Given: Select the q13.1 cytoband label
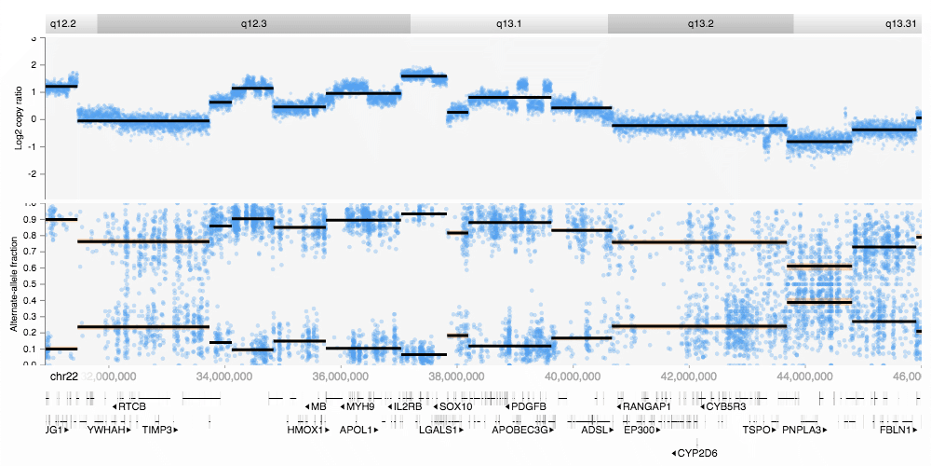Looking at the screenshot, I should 508,23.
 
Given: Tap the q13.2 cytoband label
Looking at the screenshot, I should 700,23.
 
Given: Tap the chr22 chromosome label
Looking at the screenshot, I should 62,376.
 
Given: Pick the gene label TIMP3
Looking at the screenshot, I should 159,431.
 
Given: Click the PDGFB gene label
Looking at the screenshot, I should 525,406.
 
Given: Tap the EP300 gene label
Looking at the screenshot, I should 641,431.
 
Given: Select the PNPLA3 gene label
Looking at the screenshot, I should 803,431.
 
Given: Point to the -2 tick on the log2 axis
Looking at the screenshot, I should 34,173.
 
